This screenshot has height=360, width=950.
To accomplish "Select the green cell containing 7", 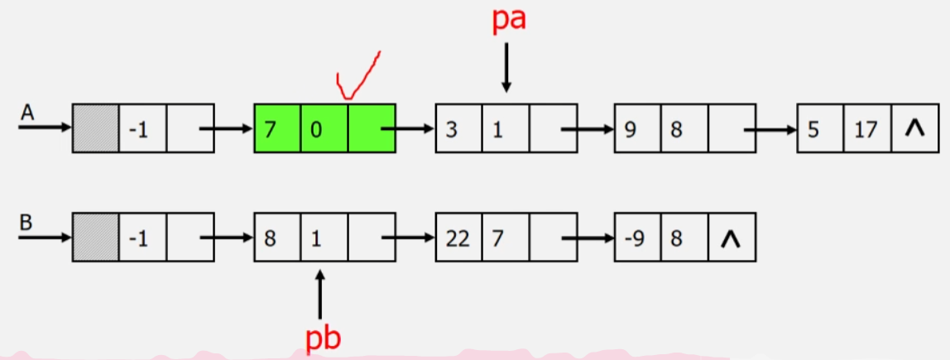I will pos(277,128).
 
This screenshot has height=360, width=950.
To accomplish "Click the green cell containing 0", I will pos(324,128).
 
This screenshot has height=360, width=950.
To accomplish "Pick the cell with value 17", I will pos(867,128).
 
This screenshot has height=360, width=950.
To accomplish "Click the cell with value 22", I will pos(458,239).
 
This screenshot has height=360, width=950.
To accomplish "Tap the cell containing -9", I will pos(637,239).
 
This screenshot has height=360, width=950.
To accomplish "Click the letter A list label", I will pos(27,113).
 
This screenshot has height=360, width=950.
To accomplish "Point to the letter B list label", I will pos(27,223).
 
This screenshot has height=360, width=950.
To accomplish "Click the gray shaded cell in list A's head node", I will pos(96,128).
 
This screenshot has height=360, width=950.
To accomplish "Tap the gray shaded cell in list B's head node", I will pos(96,239).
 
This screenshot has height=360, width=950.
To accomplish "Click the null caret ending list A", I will pos(914,128).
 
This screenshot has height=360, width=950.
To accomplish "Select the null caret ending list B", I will pos(732,239).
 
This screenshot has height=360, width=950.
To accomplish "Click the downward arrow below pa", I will pos(506,66).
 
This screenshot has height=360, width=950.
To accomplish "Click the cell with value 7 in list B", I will pos(504,239).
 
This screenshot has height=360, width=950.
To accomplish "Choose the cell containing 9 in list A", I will pos(637,128).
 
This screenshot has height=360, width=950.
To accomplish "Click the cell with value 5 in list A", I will pos(820,128).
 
